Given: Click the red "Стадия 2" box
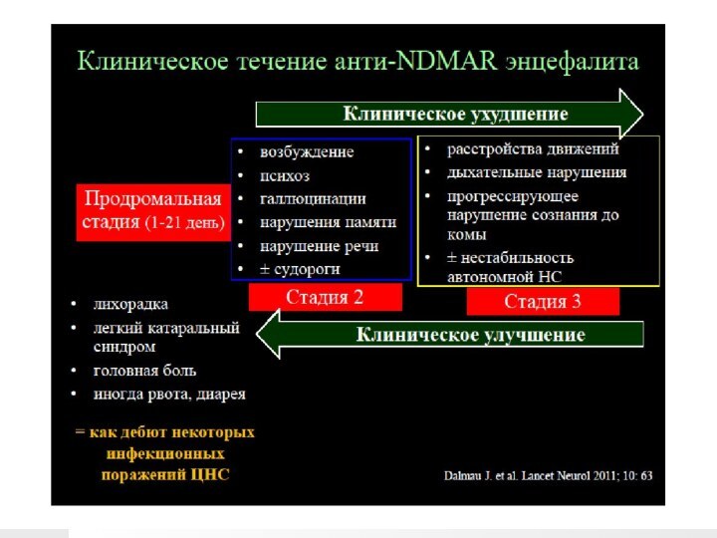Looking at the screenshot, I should point(325,297).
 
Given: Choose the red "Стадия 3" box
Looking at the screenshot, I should point(543,302).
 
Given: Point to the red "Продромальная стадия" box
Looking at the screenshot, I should point(151,210).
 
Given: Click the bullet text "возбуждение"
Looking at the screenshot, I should point(307,152).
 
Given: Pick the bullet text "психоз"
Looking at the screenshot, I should point(285,175).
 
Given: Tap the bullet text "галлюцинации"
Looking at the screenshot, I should point(313,199).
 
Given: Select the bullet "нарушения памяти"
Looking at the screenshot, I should point(328,222).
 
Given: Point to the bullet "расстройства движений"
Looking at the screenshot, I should point(533,149).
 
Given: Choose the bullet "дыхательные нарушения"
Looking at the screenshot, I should point(537,172).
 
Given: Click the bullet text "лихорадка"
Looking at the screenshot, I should point(130,304).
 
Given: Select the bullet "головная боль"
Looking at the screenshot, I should point(144,370).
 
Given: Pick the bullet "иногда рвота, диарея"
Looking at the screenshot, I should point(169,394).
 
